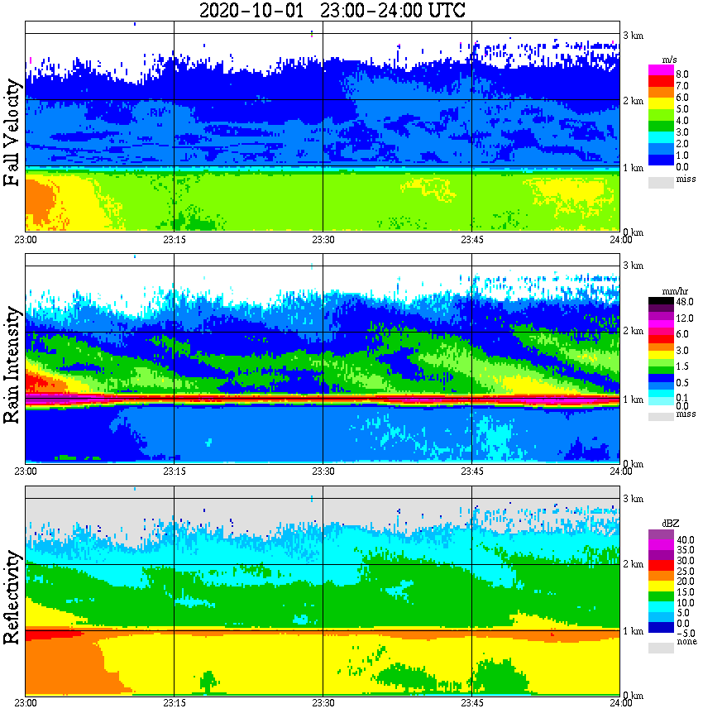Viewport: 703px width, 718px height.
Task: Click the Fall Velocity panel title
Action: pyautogui.click(x=12, y=134)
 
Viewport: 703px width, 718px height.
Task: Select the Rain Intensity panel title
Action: pyautogui.click(x=12, y=365)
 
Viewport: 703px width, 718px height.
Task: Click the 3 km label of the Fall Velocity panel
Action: pyautogui.click(x=634, y=36)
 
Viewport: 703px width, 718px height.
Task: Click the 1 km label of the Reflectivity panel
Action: pyautogui.click(x=634, y=631)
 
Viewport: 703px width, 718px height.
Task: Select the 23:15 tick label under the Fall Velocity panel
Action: pyautogui.click(x=174, y=240)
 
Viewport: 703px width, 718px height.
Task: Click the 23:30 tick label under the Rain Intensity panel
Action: pyautogui.click(x=323, y=471)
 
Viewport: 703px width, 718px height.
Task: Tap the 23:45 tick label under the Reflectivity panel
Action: pyautogui.click(x=471, y=703)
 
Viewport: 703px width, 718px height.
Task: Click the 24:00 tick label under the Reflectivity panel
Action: pyautogui.click(x=620, y=703)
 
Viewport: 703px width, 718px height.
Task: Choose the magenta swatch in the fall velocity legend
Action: pyautogui.click(x=661, y=70)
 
